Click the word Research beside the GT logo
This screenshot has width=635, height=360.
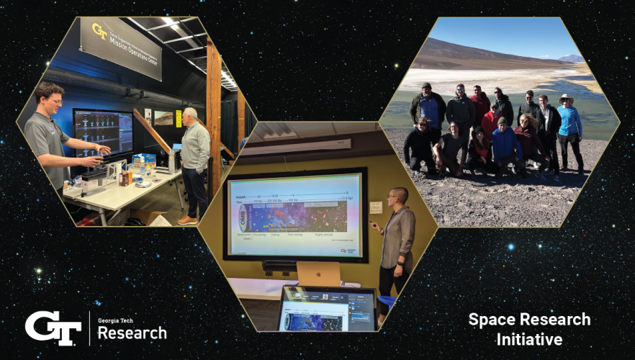pos(132,333)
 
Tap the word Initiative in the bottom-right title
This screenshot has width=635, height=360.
pos(529,338)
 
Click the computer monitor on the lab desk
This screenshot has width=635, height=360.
pos(102,132)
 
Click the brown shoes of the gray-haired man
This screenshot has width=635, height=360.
pos(186,220)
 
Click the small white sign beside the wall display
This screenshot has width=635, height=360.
pos(376,207)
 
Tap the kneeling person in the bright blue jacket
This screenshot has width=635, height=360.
pos(505,143)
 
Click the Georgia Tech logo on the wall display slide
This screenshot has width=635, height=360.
pos(347,250)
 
